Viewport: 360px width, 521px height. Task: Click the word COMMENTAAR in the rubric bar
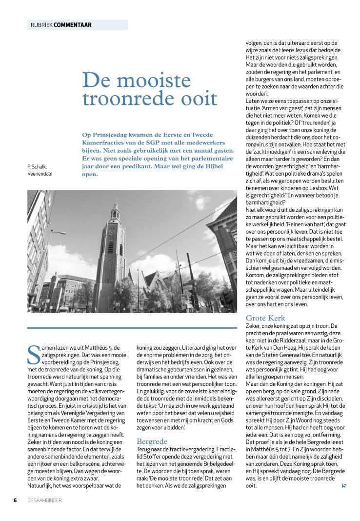coord(73,25)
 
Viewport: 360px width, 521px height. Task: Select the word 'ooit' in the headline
coord(200,99)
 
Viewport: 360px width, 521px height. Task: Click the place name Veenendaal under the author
coord(40,174)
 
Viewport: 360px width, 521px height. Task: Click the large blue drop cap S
coord(33,355)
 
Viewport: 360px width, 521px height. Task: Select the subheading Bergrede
coord(152,441)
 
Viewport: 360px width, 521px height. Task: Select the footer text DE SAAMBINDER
coord(44,500)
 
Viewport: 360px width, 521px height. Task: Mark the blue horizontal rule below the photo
coord(132,328)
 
